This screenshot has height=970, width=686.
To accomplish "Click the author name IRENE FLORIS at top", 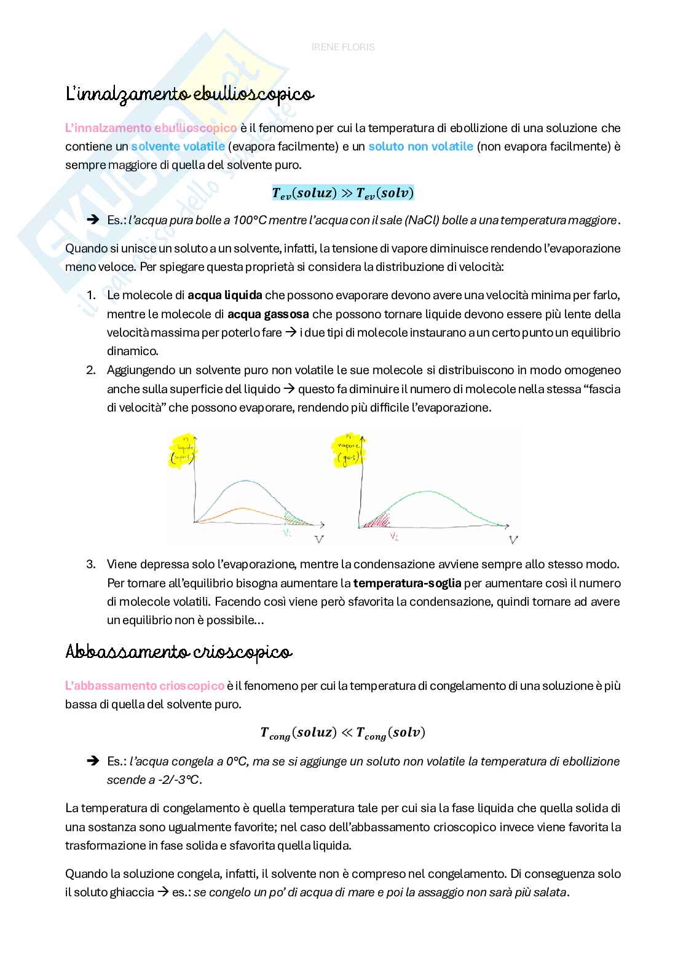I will pyautogui.click(x=343, y=47).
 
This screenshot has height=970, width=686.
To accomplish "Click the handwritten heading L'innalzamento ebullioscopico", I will pyautogui.click(x=189, y=95).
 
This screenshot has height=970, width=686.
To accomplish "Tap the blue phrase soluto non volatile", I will pyautogui.click(x=420, y=147).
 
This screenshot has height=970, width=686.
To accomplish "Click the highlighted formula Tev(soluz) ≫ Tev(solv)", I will pyautogui.click(x=343, y=193).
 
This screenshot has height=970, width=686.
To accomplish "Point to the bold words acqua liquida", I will pyautogui.click(x=225, y=295).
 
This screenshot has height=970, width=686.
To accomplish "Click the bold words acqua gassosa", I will pyautogui.click(x=268, y=314).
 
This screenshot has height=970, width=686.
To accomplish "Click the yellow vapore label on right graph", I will pyautogui.click(x=348, y=451).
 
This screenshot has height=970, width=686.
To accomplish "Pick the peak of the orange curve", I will pyautogui.click(x=243, y=508).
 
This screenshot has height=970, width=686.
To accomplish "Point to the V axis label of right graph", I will pyautogui.click(x=513, y=539).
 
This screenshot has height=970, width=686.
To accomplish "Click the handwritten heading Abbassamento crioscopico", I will pyautogui.click(x=178, y=652).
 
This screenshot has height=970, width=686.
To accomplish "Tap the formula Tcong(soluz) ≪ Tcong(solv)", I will pyautogui.click(x=343, y=733).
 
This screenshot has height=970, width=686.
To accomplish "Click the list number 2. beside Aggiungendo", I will pyautogui.click(x=91, y=370).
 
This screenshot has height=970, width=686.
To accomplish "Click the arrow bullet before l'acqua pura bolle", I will pyautogui.click(x=93, y=221).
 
